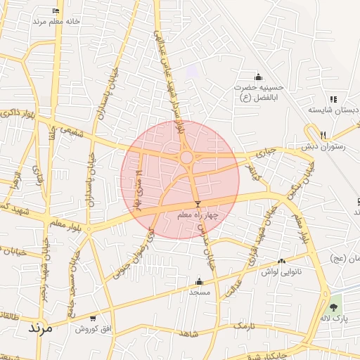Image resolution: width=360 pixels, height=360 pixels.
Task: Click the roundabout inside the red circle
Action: [187, 157]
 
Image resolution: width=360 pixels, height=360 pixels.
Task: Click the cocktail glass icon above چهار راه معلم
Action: [198, 204]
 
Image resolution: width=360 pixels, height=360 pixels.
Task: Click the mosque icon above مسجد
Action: [199, 281]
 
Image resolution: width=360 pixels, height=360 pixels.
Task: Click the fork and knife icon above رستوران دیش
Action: [323, 135]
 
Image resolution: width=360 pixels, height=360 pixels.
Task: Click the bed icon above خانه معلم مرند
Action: [56, 11]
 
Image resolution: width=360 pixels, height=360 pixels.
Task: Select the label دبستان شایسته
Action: [334, 110]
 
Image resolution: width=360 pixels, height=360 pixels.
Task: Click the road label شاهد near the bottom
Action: [187, 333]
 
